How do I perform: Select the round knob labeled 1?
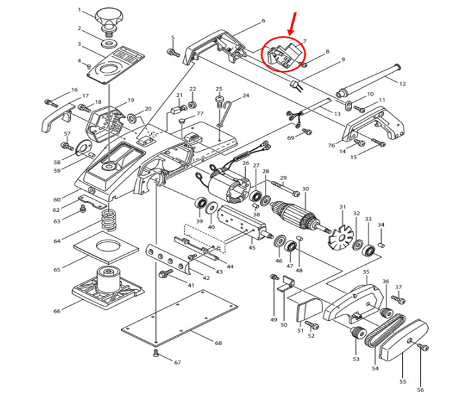click(x=108, y=16)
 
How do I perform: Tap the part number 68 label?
click(x=218, y=343)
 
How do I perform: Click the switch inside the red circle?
click(x=282, y=54)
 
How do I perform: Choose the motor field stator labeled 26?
click(x=228, y=187)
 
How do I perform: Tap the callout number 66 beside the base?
click(x=57, y=310)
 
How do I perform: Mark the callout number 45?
click(x=252, y=248)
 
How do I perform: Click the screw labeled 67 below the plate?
click(x=157, y=355)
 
